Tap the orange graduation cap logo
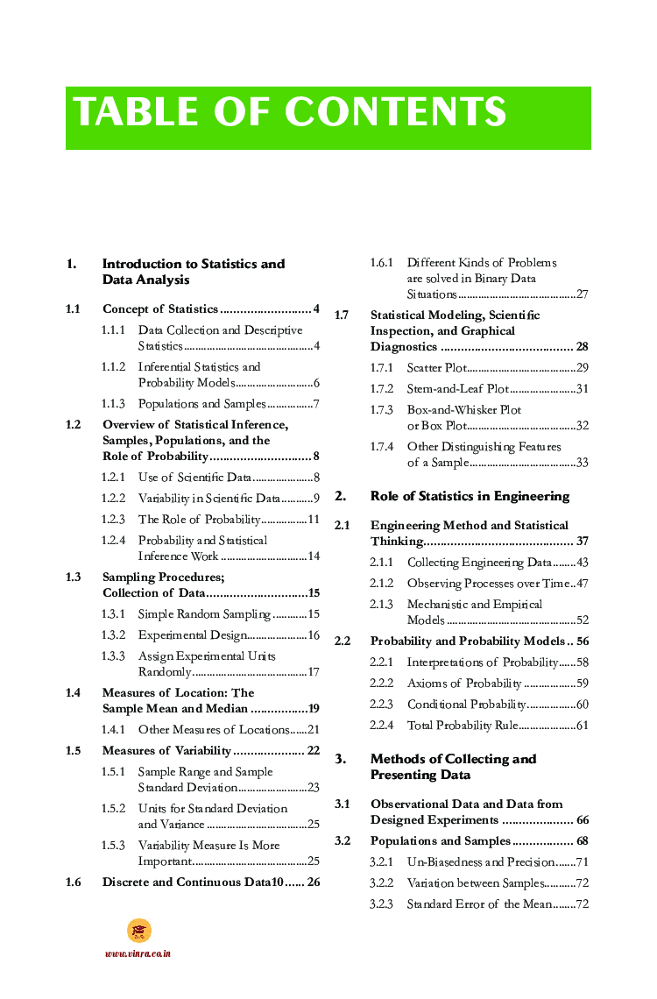coord(138,930)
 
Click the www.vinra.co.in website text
coord(138,953)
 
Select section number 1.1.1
coord(113,330)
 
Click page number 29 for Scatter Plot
coord(582,368)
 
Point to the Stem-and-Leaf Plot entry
coord(457,389)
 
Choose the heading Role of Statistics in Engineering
coord(470,496)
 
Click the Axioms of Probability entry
coord(464,684)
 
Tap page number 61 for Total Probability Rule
coord(582,726)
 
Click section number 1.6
coord(74,882)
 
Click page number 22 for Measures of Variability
coord(313,751)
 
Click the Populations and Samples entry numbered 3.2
coord(440,841)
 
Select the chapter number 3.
coord(341,759)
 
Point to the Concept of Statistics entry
coord(160,309)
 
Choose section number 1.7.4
coord(382,447)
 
